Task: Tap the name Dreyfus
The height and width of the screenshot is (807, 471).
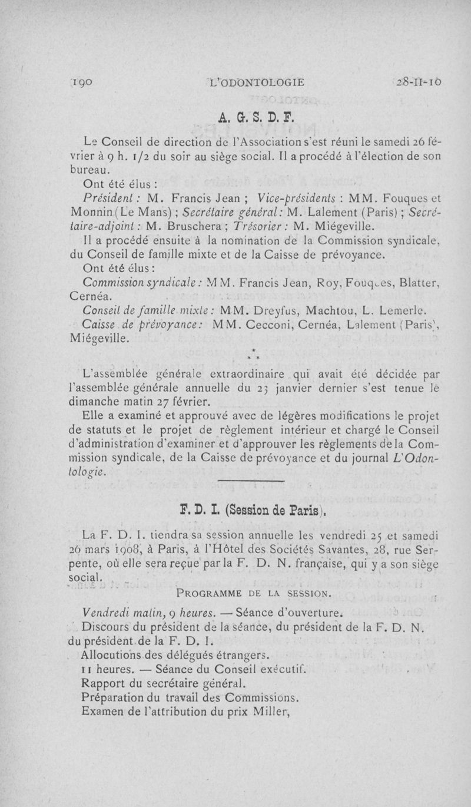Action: (266, 311)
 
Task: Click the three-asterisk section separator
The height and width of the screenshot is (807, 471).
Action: (251, 355)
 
